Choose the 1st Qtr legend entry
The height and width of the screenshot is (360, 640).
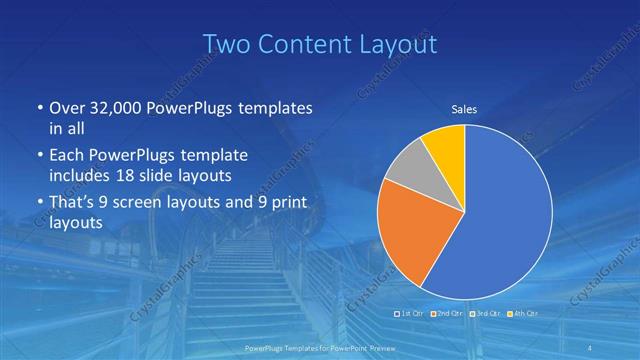pos(411,314)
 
